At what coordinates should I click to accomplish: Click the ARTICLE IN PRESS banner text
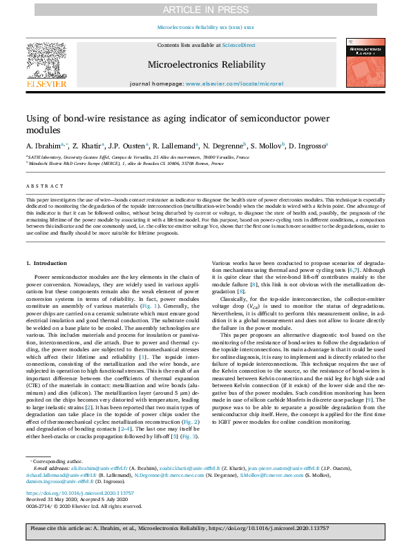[x=205, y=9]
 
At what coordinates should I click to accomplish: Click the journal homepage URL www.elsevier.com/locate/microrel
[x=235, y=83]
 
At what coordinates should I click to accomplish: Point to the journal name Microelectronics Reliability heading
[x=206, y=65]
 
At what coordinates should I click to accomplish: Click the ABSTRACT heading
[x=40, y=186]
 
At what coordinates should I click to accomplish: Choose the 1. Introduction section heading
[x=46, y=264]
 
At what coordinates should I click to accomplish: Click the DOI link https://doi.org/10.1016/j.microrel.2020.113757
[x=79, y=493]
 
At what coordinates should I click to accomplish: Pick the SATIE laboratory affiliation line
[x=138, y=157]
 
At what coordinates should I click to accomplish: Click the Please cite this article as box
[x=205, y=527]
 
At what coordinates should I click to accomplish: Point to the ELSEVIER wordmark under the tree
[x=46, y=84]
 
